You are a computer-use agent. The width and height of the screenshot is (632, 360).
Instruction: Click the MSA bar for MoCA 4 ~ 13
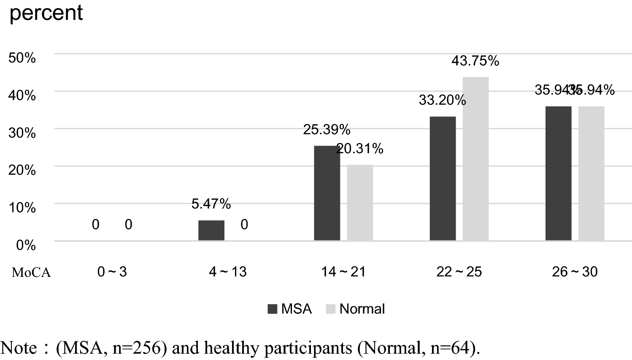coord(211,230)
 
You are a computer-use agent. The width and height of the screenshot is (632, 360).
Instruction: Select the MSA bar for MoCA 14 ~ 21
coord(327,193)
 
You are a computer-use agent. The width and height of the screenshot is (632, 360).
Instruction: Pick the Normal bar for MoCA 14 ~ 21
coord(360,203)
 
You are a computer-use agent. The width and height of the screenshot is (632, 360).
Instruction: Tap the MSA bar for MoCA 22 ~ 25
coord(443,179)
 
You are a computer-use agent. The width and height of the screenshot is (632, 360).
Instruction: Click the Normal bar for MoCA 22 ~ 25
coord(475,159)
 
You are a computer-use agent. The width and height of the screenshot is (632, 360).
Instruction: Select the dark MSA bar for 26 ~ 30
coord(558,173)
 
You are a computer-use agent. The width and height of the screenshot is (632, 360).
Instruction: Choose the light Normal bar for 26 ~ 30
coord(591,173)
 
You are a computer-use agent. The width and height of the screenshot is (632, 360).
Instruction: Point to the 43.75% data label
coord(475,61)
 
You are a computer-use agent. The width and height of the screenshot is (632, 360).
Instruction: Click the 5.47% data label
coord(211,204)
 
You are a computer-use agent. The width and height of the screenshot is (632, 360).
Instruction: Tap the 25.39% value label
coord(327,130)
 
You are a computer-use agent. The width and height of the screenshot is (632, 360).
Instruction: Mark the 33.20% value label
coord(442,100)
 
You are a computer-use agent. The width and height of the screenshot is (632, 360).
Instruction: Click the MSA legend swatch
coord(272,309)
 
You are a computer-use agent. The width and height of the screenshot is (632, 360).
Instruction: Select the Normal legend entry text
coord(362,309)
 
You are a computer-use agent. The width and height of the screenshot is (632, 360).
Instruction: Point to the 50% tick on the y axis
coord(22,58)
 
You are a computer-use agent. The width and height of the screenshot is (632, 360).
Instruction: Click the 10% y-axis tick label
coord(22,208)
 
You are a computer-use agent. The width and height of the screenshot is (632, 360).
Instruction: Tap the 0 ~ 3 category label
coord(112,272)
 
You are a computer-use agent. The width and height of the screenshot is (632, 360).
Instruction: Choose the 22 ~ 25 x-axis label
coord(459,272)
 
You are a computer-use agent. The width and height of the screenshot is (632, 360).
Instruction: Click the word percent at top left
coord(46,13)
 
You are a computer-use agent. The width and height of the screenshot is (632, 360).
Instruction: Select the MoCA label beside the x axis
coord(31,273)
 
